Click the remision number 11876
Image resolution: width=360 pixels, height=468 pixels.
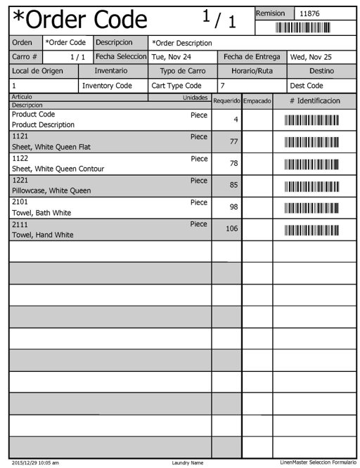tap(309, 13)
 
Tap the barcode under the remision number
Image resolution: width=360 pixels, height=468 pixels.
tap(302, 28)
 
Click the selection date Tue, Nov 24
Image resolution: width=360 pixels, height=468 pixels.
tap(172, 57)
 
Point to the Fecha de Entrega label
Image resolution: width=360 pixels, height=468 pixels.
tap(252, 57)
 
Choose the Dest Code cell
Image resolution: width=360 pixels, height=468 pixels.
tap(307, 86)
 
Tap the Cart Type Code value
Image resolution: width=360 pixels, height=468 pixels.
tap(176, 86)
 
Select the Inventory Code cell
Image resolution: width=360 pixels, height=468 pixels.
tap(107, 86)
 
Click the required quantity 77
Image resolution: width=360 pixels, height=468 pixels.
tap(235, 142)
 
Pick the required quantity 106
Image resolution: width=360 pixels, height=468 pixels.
tap(232, 229)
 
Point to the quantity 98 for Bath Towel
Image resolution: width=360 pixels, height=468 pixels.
tap(235, 207)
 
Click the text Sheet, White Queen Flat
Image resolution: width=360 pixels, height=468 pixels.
tap(51, 148)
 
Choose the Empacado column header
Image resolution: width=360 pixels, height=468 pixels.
tap(257, 101)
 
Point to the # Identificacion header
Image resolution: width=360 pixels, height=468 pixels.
tap(315, 101)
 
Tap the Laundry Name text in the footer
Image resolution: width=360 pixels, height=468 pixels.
tap(187, 463)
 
